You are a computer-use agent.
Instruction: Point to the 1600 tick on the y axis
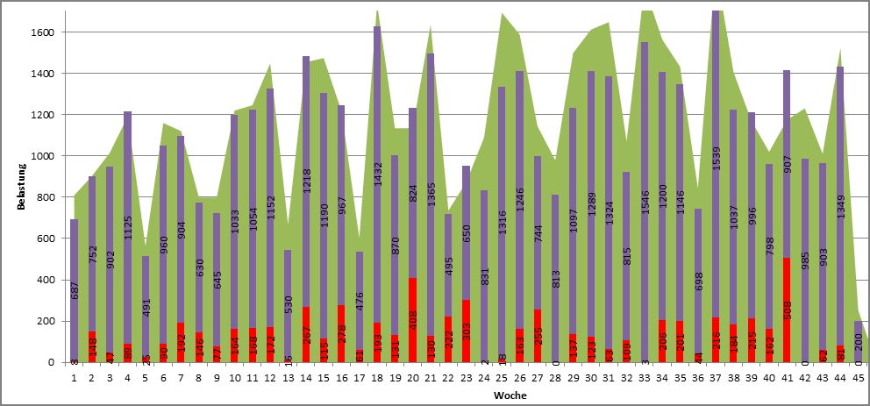[x=43, y=32]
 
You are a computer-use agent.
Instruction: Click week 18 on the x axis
[x=376, y=378]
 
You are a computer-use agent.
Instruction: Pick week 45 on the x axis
[x=858, y=378]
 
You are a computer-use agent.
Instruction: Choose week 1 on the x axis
[x=75, y=378]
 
